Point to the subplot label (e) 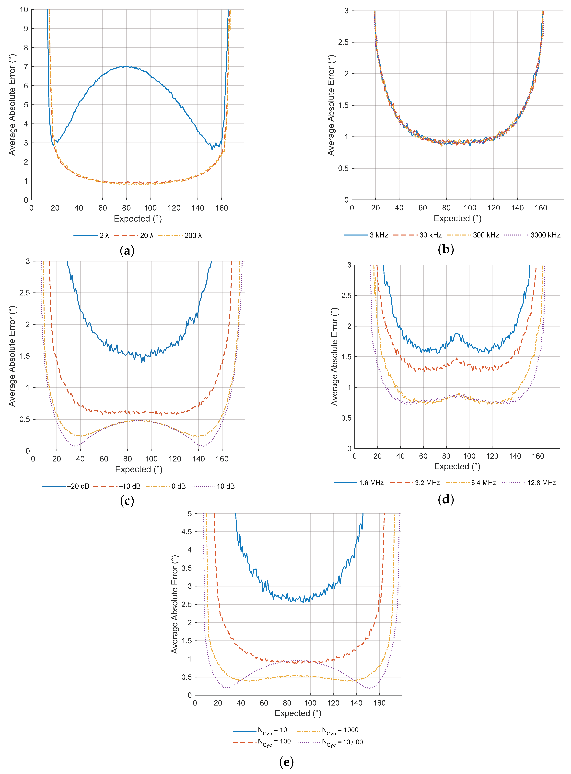point(286,762)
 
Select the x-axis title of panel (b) point(457,218)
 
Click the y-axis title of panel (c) point(12,356)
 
